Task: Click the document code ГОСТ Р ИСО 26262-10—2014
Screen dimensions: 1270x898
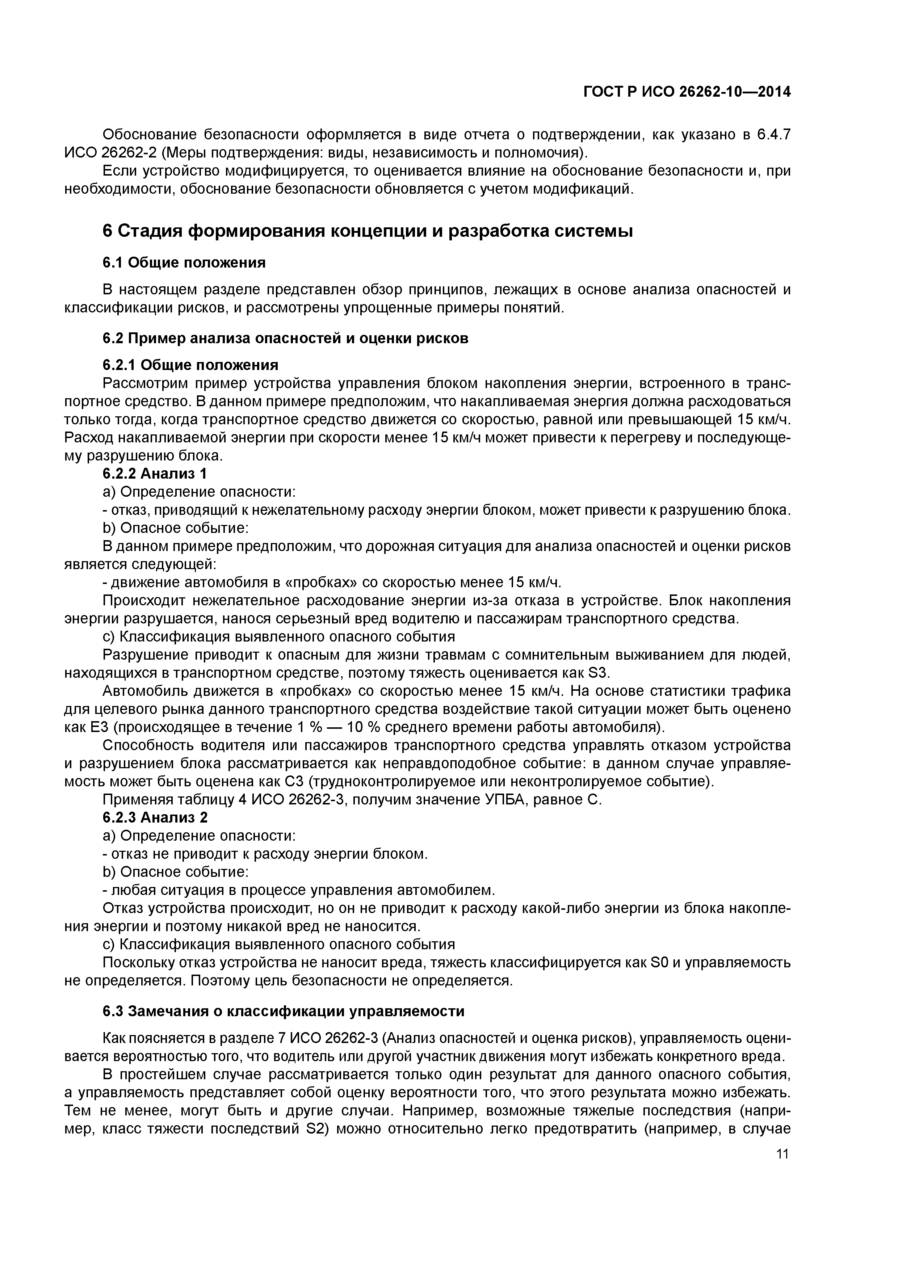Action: [687, 92]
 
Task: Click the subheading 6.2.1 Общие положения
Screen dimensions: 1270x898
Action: [190, 365]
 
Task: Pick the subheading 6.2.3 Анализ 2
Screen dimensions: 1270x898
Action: [155, 817]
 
